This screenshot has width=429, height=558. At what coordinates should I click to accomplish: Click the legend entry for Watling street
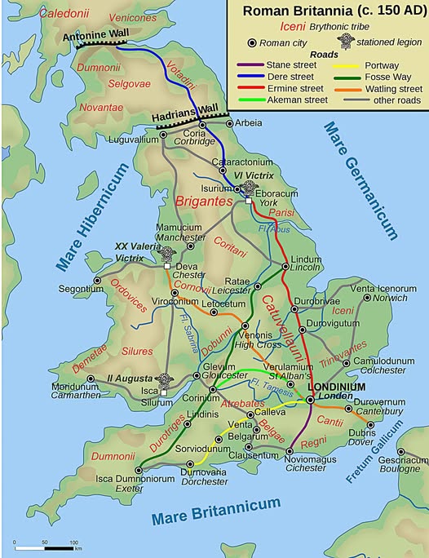(391, 89)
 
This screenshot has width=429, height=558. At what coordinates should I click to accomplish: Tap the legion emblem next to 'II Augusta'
(164, 381)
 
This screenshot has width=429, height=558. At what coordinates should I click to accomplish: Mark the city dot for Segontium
(97, 280)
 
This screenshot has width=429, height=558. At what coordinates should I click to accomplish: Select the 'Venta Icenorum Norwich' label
(378, 292)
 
